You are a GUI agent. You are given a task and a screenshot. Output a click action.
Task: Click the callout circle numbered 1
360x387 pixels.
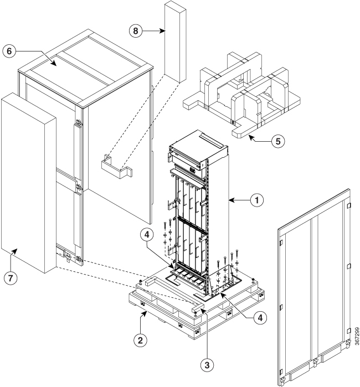pos(257,200)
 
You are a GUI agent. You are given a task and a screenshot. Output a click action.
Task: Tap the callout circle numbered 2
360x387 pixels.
pos(140,340)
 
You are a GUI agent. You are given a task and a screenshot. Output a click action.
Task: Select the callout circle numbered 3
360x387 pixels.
pos(207,364)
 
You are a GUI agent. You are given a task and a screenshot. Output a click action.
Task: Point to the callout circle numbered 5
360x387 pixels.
pos(278,141)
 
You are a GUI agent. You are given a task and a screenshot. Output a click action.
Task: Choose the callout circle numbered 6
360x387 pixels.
pos(9,51)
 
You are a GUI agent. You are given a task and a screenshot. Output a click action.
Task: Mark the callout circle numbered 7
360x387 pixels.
pos(11,278)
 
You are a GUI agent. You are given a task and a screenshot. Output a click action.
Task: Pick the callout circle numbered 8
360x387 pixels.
pos(136,31)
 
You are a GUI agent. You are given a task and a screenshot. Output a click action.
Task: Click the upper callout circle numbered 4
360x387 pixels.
pos(147,235)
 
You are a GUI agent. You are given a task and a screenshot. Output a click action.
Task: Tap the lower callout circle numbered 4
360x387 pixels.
pos(260,318)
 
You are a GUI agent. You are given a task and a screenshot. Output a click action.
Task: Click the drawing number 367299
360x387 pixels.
pos(357,336)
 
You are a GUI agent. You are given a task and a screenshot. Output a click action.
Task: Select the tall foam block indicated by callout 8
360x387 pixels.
pos(175,42)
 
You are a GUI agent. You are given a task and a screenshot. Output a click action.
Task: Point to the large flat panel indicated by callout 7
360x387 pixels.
pos(29,183)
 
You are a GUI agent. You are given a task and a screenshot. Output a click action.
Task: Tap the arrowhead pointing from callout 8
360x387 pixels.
pos(162,31)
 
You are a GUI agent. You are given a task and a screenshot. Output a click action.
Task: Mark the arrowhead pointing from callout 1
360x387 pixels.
pos(231,200)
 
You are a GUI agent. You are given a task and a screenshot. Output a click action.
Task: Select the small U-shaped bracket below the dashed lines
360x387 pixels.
pos(117,167)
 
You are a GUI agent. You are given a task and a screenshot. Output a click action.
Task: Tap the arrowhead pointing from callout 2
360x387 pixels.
pos(146,313)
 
